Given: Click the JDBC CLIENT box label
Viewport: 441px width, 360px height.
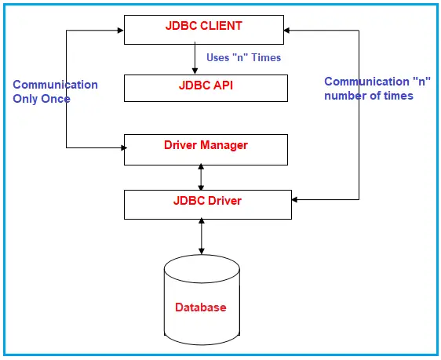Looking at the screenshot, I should click(203, 26).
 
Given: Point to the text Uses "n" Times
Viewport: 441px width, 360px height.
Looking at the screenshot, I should click(244, 57).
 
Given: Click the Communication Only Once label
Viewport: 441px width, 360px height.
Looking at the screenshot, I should click(55, 92).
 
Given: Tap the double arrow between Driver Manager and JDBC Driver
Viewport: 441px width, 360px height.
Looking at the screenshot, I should click(202, 177).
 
